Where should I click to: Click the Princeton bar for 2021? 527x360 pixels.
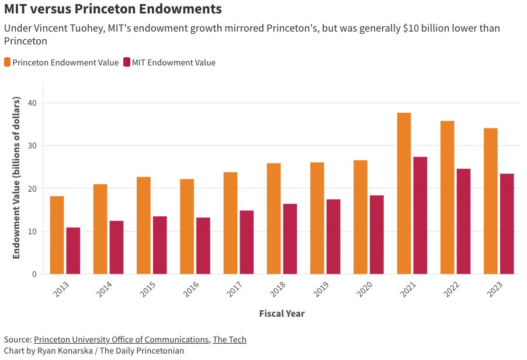coord(404,193)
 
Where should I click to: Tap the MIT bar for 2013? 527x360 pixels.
coord(73,251)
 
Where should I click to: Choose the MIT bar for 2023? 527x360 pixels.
coord(507,224)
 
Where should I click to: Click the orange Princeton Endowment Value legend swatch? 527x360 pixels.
coord(8,63)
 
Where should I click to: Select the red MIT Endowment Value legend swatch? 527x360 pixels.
coord(127,63)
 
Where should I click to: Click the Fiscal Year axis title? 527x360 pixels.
coord(282,314)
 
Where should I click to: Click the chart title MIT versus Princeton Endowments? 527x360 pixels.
coord(113,9)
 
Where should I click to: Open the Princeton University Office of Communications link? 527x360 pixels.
coord(121,340)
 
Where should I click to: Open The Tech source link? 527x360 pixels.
coord(229,340)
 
